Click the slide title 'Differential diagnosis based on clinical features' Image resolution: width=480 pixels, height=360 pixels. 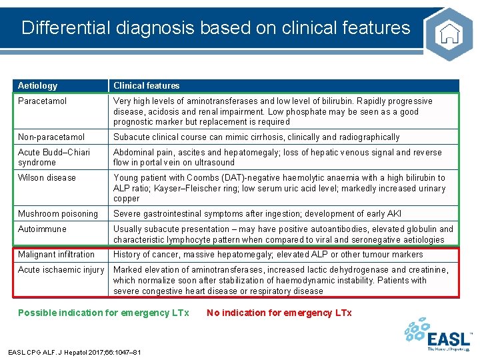[x=215, y=28]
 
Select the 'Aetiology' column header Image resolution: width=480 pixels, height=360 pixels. [x=38, y=85]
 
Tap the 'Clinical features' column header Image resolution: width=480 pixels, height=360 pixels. [x=146, y=85]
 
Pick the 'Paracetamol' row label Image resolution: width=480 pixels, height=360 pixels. [x=42, y=101]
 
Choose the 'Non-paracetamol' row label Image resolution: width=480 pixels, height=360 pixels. [x=51, y=137]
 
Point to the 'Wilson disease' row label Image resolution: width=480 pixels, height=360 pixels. [x=47, y=177]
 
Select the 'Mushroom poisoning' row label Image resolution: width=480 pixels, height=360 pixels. [x=57, y=213]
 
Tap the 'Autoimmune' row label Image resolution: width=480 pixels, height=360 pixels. [x=42, y=229]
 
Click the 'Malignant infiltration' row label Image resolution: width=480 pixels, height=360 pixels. [x=56, y=254]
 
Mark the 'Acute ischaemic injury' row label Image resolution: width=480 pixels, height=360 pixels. [x=61, y=269]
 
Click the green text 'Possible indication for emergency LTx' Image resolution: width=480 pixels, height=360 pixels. [x=103, y=313]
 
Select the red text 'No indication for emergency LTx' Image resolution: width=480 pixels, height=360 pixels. [x=279, y=313]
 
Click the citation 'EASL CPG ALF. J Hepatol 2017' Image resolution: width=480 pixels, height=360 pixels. [x=74, y=351]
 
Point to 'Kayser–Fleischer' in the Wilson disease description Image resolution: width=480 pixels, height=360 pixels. [x=193, y=188]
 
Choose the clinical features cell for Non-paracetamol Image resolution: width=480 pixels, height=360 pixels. [x=256, y=137]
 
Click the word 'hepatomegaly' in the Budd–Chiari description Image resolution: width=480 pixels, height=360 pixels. [x=250, y=152]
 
